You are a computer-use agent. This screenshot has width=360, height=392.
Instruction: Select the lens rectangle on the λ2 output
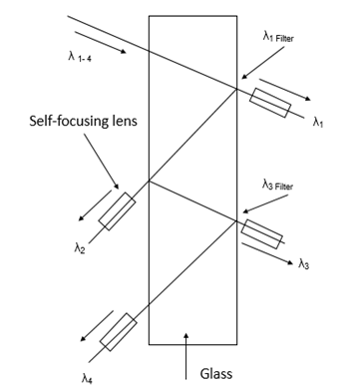pyautogui.click(x=117, y=209)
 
